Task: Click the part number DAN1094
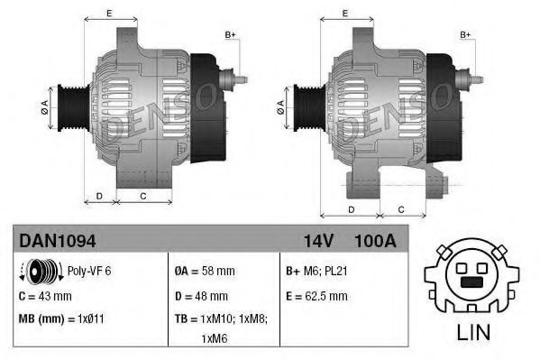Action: pos(58,240)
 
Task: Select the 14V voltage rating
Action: pos(318,241)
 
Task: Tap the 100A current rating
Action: pos(375,241)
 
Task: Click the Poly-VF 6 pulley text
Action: pos(89,271)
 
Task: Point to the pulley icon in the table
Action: pos(41,272)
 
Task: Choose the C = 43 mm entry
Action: pos(45,296)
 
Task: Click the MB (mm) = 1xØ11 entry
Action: pos(61,318)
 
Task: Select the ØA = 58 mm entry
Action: pos(205,271)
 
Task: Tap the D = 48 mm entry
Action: pos(201,296)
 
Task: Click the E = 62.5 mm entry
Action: pos(316,296)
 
